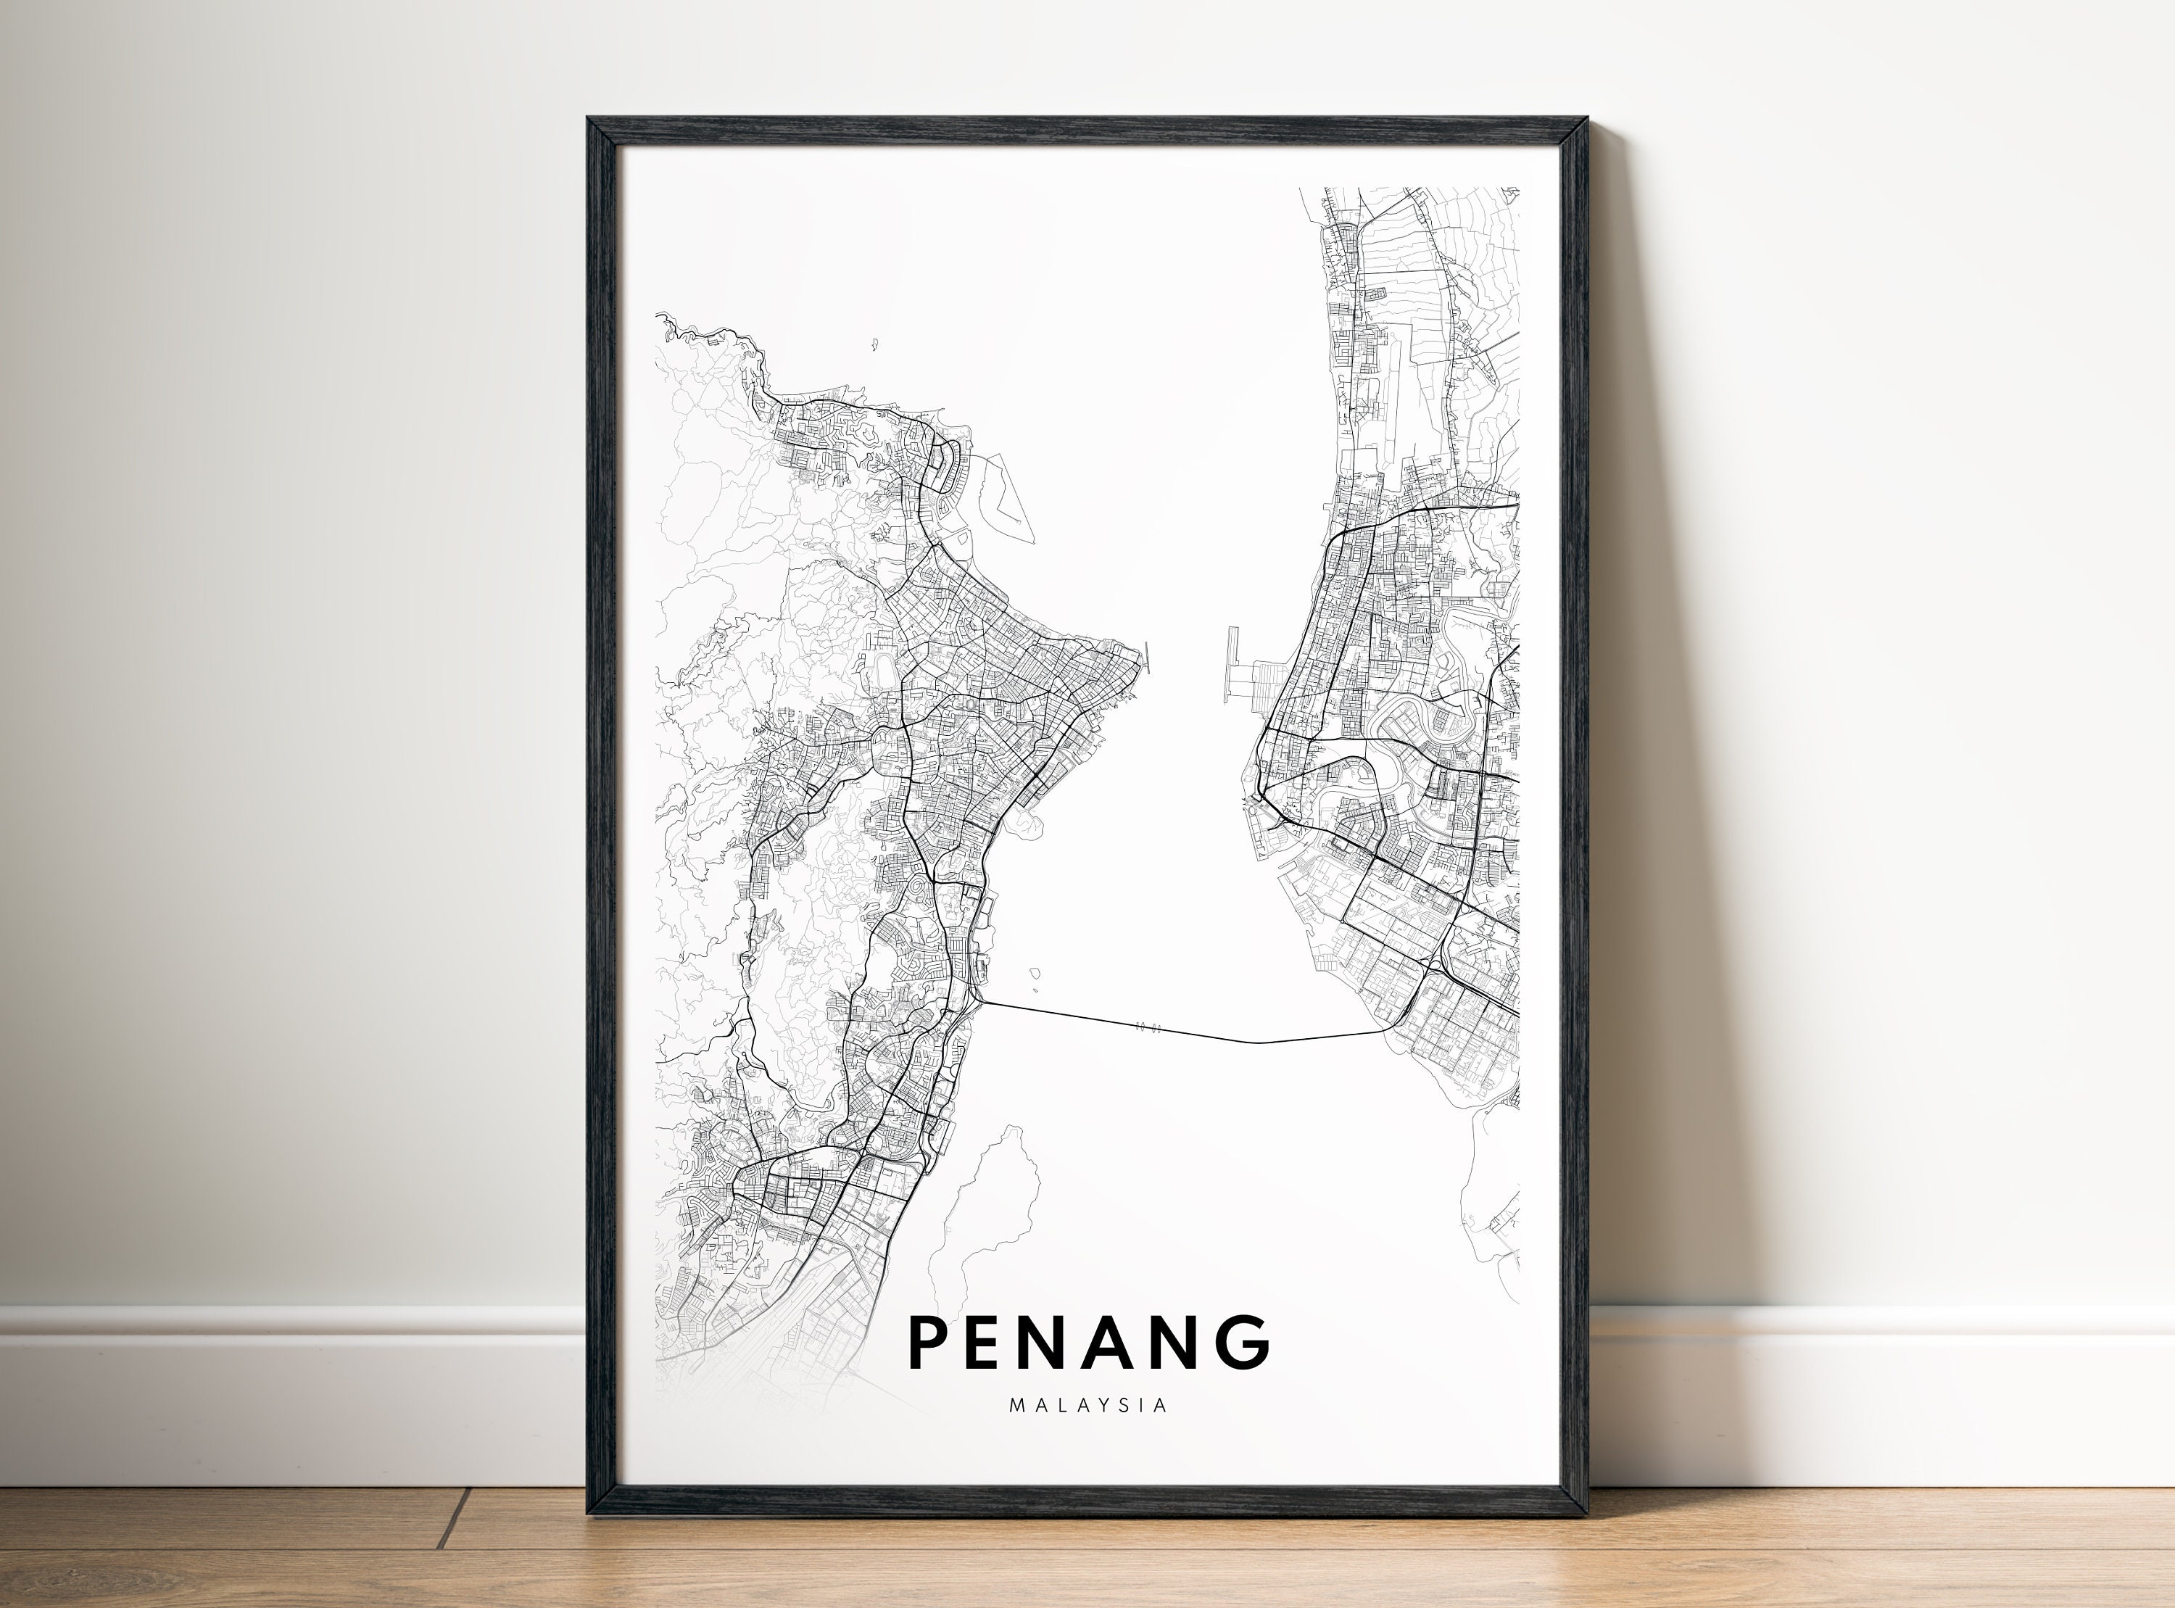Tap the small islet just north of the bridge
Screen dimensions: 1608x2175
[1035, 971]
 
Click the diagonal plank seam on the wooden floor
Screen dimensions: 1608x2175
[452, 1518]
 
